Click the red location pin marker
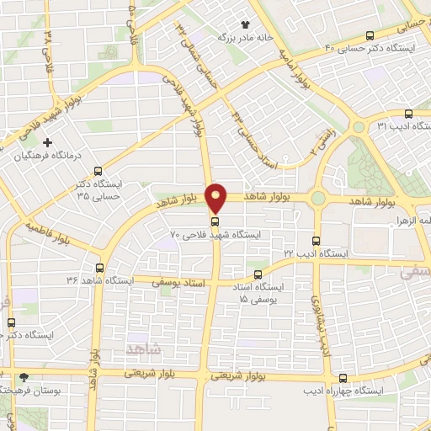216,197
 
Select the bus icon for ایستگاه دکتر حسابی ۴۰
370,35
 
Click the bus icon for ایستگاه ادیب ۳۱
408,114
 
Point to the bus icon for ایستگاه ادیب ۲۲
317,241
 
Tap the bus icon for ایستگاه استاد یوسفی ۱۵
258,274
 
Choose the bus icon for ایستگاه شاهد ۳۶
100,268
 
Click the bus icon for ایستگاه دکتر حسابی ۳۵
99,171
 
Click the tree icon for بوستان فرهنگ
24,377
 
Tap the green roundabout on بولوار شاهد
318,199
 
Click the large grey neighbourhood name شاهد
142,348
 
